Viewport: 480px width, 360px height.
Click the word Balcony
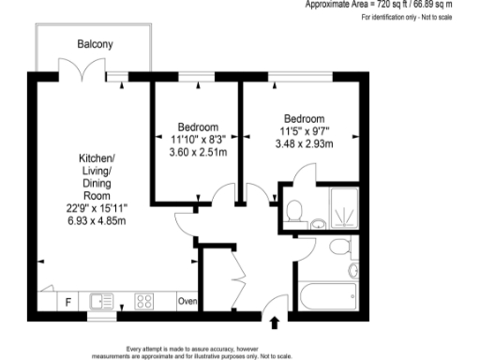tap(95, 44)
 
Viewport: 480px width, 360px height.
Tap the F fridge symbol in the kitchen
tap(67, 301)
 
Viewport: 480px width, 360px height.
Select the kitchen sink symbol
tap(102, 302)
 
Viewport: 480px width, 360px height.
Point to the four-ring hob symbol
tap(145, 302)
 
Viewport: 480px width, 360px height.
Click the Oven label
tap(187, 302)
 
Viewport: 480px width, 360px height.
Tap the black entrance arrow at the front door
tap(274, 323)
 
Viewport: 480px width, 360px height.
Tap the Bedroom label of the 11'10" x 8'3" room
tap(198, 127)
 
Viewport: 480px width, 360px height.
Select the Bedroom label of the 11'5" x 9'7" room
tap(304, 118)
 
